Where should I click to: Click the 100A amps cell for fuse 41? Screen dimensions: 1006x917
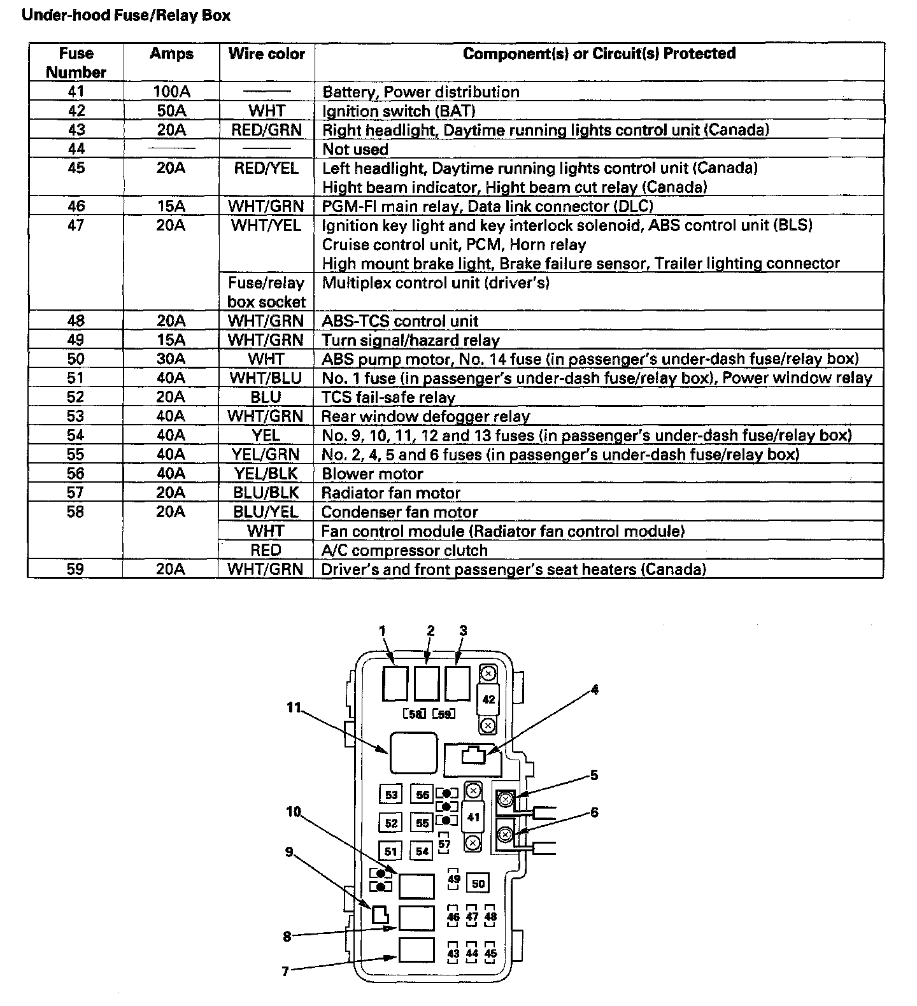click(x=171, y=92)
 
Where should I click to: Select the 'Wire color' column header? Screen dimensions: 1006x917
click(x=267, y=54)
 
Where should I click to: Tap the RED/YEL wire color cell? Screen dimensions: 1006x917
click(x=267, y=168)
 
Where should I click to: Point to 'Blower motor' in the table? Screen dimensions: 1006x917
click(x=373, y=474)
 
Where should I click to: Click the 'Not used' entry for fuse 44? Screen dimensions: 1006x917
click(x=355, y=149)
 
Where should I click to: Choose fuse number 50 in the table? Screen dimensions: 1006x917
click(x=75, y=359)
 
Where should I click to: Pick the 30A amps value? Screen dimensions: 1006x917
click(x=171, y=359)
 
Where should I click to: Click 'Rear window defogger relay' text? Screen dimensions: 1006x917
click(x=426, y=416)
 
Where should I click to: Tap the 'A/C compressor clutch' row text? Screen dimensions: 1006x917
click(x=404, y=550)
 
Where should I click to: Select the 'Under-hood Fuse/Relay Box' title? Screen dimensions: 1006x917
click(x=126, y=15)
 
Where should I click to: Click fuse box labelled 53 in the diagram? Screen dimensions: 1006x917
click(x=391, y=795)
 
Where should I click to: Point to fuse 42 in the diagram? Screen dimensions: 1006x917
click(x=488, y=699)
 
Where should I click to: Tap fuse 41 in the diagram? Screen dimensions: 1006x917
click(x=473, y=817)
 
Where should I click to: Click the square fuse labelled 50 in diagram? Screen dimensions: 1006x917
click(x=478, y=883)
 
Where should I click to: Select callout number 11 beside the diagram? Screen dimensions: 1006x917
click(x=294, y=707)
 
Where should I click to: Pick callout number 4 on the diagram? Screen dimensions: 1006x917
click(x=594, y=689)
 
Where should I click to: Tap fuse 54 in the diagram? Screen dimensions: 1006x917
click(x=422, y=851)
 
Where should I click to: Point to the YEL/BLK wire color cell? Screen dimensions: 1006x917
click(x=267, y=474)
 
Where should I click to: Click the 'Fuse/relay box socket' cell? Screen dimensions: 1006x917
click(x=267, y=292)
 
